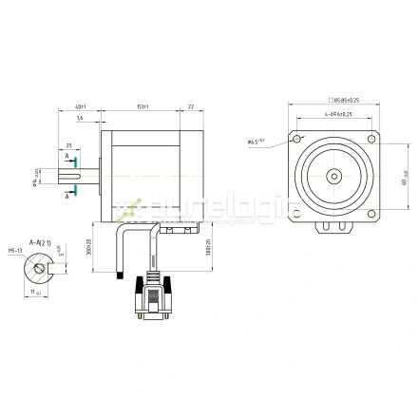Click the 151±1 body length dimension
(x=142, y=107)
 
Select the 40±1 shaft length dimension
(x=81, y=107)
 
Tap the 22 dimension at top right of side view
(x=190, y=107)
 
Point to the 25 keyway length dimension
(x=68, y=146)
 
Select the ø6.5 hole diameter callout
(x=256, y=142)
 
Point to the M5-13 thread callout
(x=15, y=253)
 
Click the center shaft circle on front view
(x=334, y=176)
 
